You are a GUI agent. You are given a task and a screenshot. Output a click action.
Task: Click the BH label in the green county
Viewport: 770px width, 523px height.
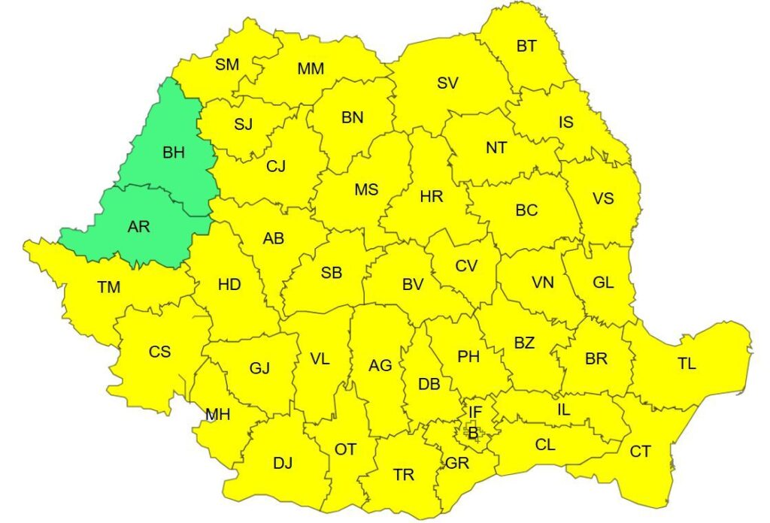(173, 153)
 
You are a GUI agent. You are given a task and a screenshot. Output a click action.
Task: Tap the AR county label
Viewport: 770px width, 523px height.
(138, 226)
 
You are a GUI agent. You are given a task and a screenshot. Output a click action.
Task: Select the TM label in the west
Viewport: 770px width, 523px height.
(108, 286)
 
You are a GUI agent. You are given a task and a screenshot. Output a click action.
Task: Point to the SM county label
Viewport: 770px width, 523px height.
(226, 65)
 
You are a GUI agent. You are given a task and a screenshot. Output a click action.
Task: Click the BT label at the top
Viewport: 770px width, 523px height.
(526, 46)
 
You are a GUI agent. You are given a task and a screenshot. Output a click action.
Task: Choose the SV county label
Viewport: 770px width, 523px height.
(447, 83)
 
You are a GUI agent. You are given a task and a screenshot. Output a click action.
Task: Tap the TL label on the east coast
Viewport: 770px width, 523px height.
(686, 364)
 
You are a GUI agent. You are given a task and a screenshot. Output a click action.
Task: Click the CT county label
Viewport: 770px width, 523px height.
(640, 452)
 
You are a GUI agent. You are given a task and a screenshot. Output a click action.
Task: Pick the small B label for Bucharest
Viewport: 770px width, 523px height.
(472, 433)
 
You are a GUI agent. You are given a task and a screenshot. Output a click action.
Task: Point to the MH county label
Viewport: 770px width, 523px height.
(217, 414)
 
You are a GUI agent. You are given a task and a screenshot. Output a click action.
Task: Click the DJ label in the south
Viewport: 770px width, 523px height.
(283, 463)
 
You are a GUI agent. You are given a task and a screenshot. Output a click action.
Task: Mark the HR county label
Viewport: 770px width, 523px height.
(432, 197)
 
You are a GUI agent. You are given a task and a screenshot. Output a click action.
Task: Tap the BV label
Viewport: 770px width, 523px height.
(413, 285)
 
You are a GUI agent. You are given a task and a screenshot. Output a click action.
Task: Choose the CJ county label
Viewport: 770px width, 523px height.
(276, 166)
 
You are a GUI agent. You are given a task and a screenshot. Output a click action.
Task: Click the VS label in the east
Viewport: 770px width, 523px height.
(603, 198)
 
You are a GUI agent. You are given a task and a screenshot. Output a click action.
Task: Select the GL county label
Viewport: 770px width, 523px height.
(603, 283)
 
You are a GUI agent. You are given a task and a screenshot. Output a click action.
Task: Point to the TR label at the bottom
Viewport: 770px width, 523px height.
(404, 475)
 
